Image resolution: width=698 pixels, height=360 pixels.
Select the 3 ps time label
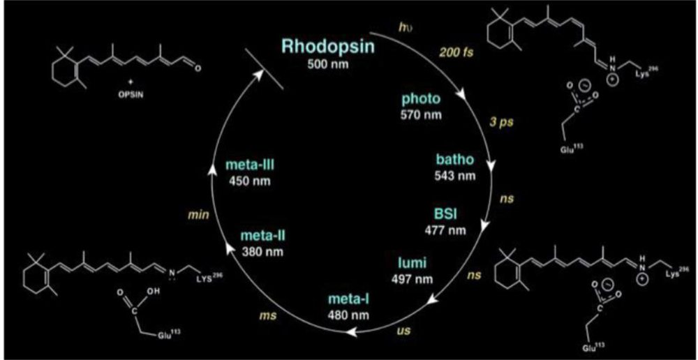pos(491,126)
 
